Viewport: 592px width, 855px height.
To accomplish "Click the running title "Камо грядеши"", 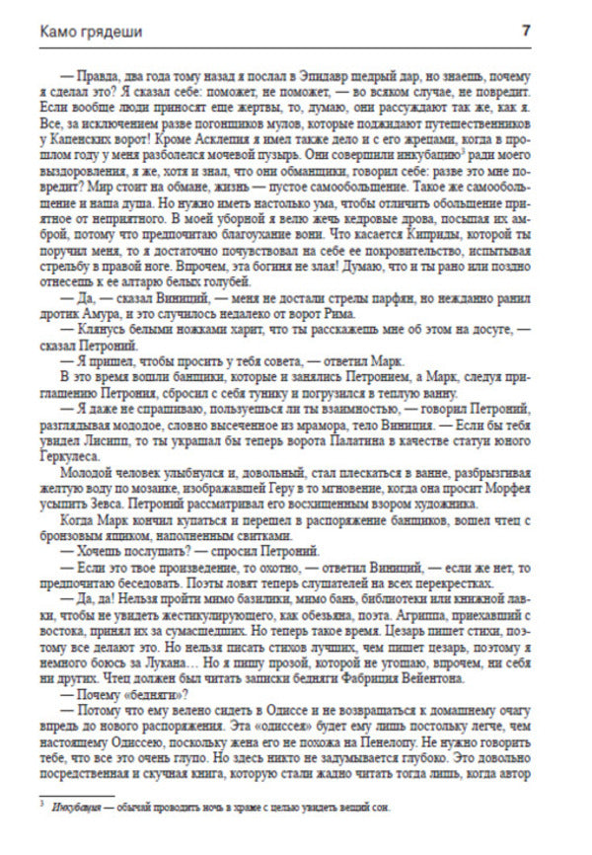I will tap(90, 31).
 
